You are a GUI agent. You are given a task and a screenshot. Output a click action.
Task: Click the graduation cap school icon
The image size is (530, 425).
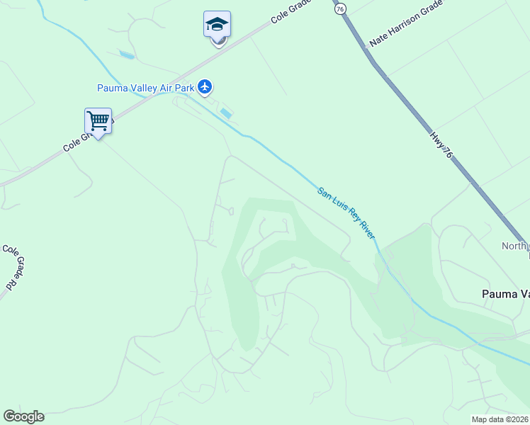coord(217,25)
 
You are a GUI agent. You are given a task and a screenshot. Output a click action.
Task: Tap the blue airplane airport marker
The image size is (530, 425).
coord(205,86)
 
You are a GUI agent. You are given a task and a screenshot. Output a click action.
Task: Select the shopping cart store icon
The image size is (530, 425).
coord(98,120)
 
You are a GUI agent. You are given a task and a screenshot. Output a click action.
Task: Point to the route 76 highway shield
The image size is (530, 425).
coord(341,8)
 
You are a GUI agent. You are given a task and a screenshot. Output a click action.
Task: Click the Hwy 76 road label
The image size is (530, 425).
coord(441,141)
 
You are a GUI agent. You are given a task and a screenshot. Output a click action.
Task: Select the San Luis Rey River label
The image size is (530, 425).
coord(346,212)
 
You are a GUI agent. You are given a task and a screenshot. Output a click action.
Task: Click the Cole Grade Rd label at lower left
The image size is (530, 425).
coord(11,266)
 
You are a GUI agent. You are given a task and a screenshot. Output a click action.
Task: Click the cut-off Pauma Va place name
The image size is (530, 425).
coord(505,293)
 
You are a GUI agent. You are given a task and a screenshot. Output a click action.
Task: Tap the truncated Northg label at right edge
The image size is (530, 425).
coord(515,246)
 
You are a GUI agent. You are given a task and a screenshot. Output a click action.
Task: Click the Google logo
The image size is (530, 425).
coord(23,416)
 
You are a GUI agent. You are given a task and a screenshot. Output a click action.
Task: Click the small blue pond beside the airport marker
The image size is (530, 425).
coord(226,113)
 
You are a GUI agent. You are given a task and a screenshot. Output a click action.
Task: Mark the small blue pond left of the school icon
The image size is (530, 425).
coord(127,55)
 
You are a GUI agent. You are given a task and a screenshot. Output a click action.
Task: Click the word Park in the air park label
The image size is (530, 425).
coord(182,88)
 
